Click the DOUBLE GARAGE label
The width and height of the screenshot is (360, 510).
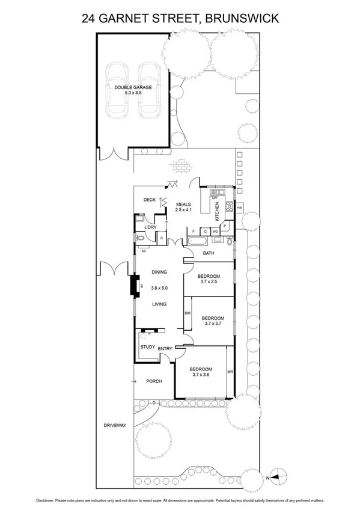[133, 87]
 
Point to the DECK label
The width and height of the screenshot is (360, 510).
[150, 200]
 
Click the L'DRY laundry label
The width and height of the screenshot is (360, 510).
[150, 227]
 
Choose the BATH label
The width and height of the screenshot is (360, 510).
[208, 253]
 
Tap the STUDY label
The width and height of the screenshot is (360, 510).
[147, 347]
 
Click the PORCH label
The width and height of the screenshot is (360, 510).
[154, 381]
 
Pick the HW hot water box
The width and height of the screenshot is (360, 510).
[239, 208]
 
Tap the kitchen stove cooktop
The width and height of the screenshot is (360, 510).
[229, 209]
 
